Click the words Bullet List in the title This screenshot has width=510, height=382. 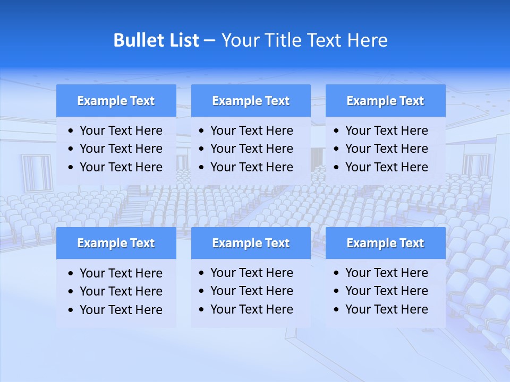click(156, 40)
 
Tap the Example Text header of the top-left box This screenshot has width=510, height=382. click(116, 101)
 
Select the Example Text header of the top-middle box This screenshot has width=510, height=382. click(251, 101)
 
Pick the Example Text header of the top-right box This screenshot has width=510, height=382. click(385, 101)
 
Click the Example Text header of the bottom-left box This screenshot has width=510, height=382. click(116, 243)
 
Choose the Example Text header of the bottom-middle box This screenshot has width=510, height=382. click(251, 243)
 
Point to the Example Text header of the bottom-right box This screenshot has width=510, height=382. click(385, 243)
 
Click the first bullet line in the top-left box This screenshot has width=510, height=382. click(121, 131)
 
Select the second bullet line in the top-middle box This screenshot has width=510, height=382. click(251, 149)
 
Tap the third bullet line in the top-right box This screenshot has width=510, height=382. click(386, 167)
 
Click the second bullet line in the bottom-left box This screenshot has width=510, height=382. click(121, 291)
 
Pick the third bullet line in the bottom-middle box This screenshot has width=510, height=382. click(251, 309)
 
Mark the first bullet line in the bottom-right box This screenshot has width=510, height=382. click(386, 273)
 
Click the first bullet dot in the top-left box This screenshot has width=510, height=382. click(71, 131)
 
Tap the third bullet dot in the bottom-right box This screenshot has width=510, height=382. click(337, 310)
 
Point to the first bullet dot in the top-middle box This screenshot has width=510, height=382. click(202, 131)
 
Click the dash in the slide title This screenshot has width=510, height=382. click(209, 40)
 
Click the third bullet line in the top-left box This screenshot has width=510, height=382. click(121, 167)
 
